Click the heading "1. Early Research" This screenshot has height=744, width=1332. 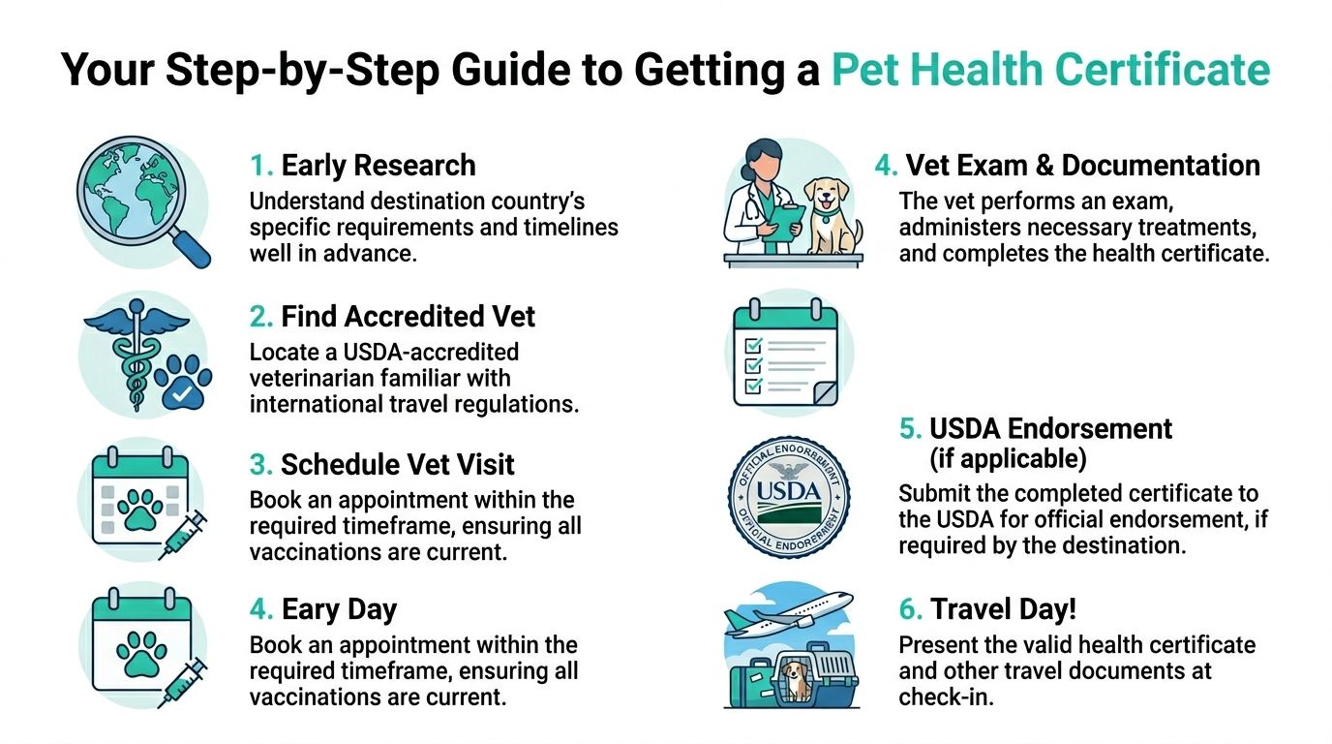pyautogui.click(x=363, y=166)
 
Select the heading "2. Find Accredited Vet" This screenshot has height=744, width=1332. pyautogui.click(x=392, y=317)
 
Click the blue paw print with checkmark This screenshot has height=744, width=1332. pyautogui.click(x=184, y=384)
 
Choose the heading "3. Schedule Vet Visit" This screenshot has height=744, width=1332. pyautogui.click(x=382, y=465)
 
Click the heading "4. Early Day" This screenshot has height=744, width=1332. pyautogui.click(x=323, y=609)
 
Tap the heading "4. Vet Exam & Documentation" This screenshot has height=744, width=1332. pyautogui.click(x=1068, y=166)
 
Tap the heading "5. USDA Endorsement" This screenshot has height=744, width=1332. pyautogui.click(x=1036, y=428)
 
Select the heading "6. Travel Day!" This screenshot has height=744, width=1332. pyautogui.click(x=988, y=609)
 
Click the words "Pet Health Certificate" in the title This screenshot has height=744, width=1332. pyautogui.click(x=1050, y=70)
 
